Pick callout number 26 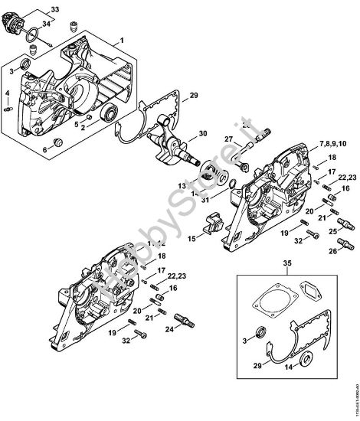tap(332, 251)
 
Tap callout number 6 tap(44, 150)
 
